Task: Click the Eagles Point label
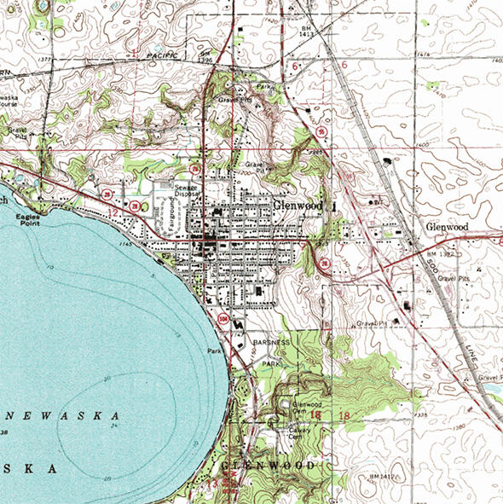coord(28,222)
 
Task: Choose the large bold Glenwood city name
coord(300,206)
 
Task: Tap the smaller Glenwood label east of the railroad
coord(447,228)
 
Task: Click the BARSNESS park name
coord(270,341)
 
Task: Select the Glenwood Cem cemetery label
coord(307,407)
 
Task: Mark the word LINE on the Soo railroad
coord(458,350)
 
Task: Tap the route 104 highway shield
coord(223,316)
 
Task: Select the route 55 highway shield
coord(325,264)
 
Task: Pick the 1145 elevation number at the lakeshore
coord(128,246)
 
